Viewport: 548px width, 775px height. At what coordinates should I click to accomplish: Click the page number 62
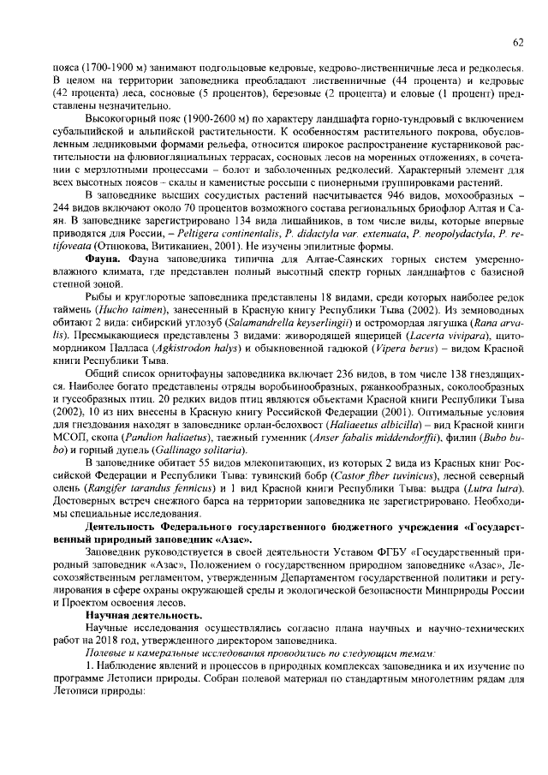pyautogui.click(x=518, y=41)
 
